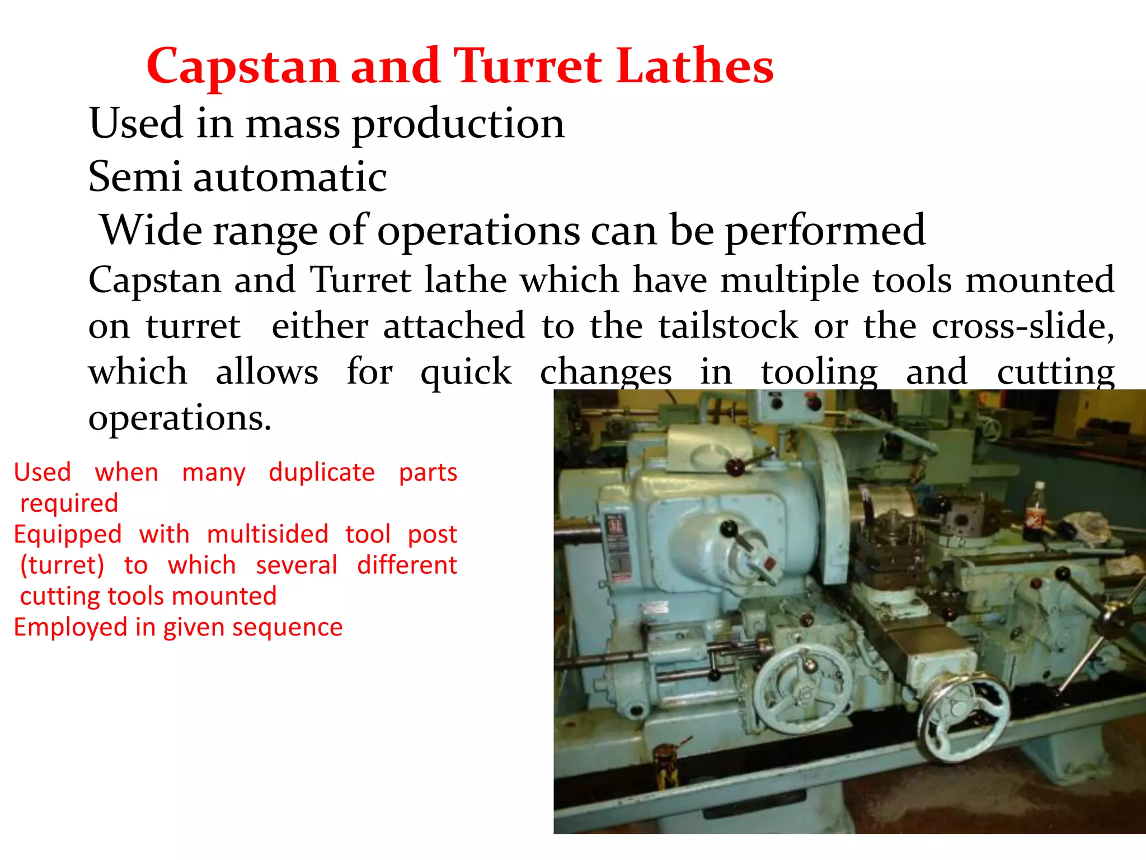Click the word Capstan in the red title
pyautogui.click(x=242, y=67)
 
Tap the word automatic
pyautogui.click(x=290, y=177)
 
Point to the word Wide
pyautogui.click(x=151, y=230)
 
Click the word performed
pyautogui.click(x=825, y=231)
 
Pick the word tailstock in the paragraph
pyautogui.click(x=728, y=326)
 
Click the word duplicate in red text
pyautogui.click(x=322, y=473)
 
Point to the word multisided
pyautogui.click(x=267, y=534)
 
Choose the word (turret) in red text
pyautogui.click(x=62, y=565)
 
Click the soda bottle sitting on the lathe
pyautogui.click(x=1037, y=506)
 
